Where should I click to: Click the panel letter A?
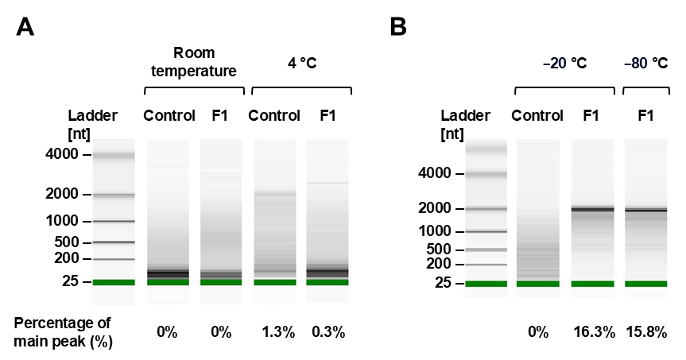point(25,27)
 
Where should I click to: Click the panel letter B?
point(398,27)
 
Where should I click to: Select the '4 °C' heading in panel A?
point(301,63)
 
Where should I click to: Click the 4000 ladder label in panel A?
point(64,154)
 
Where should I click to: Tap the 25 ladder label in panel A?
point(70,281)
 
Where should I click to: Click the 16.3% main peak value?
point(593,332)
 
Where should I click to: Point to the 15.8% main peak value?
point(646,332)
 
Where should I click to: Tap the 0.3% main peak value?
point(327,332)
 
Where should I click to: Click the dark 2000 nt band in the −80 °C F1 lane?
point(645,210)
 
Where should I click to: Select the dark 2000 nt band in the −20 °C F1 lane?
point(592,209)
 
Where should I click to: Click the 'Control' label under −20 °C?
point(537,115)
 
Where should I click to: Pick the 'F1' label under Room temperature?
point(220,115)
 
